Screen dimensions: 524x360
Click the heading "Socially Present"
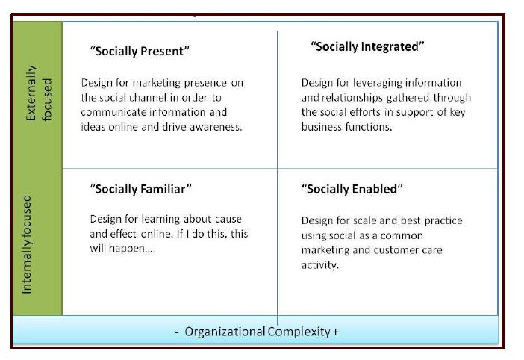140,51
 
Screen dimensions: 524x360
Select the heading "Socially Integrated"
367,46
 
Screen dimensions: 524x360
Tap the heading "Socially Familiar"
140,189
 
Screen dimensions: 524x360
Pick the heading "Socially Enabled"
352,189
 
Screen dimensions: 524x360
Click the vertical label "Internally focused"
26,244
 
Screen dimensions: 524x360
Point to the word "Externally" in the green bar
31,93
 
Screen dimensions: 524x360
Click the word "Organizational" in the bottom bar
225,332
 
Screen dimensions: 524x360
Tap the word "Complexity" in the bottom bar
299,332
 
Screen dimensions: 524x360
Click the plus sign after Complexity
335,332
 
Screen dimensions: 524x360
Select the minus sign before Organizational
177,332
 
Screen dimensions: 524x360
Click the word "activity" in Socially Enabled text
319,265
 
